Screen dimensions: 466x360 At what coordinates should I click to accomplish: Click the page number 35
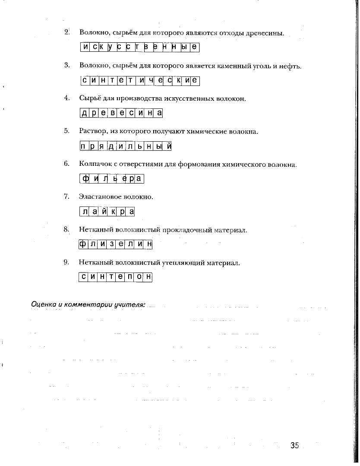(294, 445)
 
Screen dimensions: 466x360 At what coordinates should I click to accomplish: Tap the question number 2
(67, 32)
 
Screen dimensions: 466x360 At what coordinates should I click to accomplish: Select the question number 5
(67, 131)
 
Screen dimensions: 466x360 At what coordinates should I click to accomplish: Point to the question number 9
(67, 262)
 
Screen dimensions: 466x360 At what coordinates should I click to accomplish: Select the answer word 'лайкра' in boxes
(107, 212)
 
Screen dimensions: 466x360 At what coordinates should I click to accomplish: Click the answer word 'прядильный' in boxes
(126, 146)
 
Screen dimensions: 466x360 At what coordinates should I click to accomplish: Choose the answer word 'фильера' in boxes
(112, 179)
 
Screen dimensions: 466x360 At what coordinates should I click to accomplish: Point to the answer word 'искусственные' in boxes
(140, 47)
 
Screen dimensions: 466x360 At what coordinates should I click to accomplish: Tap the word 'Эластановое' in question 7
(100, 197)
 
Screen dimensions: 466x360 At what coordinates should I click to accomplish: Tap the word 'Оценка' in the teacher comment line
(43, 304)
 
